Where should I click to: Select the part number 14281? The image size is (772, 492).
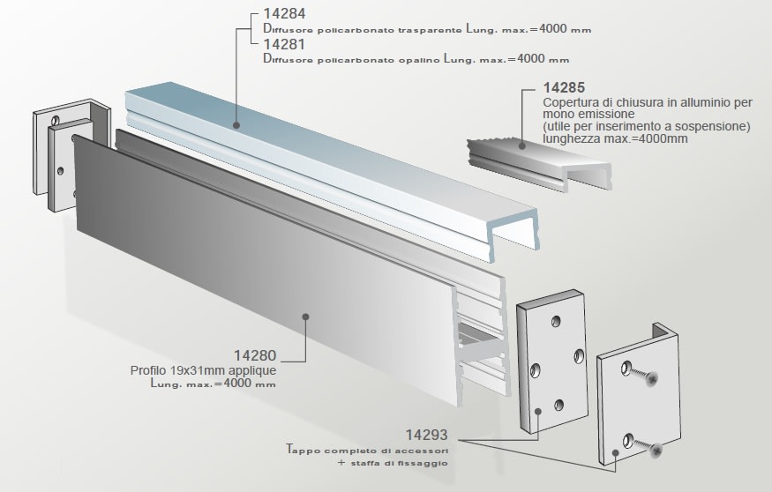pos(283,45)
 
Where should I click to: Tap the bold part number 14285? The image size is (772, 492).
pos(564,88)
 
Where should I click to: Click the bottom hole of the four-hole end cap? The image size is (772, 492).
pos(558,406)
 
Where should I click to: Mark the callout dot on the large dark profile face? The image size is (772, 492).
pos(305,315)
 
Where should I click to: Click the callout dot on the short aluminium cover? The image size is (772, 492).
pos(521,142)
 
